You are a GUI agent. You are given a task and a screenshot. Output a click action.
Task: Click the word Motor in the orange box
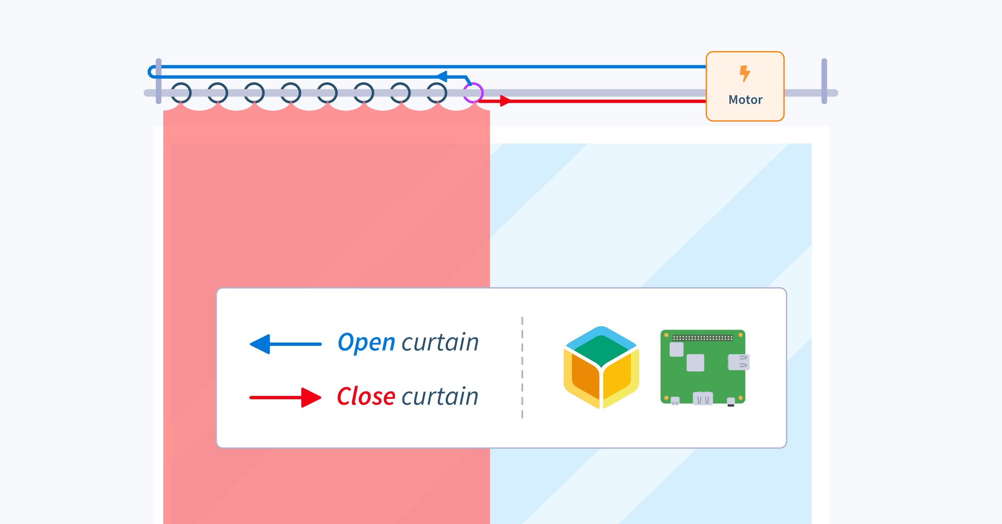click(x=745, y=100)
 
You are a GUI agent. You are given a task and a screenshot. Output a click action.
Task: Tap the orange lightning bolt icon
click(x=744, y=73)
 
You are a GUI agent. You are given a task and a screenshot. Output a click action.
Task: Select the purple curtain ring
click(x=473, y=93)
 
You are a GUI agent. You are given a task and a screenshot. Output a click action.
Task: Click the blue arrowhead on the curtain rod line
click(x=442, y=76)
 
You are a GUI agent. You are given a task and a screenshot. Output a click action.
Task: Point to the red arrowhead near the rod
click(x=505, y=101)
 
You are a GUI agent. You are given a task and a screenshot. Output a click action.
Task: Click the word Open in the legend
click(x=366, y=343)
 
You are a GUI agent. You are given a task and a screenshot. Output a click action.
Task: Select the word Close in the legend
click(x=366, y=396)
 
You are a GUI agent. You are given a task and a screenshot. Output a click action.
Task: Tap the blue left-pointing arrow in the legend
click(x=286, y=344)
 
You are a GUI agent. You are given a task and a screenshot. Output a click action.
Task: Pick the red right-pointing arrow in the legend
click(x=286, y=398)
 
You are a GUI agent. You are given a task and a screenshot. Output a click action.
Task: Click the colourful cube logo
click(x=601, y=367)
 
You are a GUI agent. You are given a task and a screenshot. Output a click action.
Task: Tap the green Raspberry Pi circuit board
click(x=703, y=367)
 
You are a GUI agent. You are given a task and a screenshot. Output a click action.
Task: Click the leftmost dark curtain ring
click(x=181, y=93)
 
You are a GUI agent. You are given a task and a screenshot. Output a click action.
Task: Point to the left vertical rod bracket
click(x=159, y=81)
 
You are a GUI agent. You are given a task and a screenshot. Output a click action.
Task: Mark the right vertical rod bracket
click(x=824, y=81)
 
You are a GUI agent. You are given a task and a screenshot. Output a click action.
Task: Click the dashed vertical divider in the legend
click(x=522, y=367)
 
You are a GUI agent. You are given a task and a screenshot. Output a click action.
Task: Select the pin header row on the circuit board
click(x=703, y=338)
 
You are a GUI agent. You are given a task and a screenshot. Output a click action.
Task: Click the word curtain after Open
click(x=440, y=343)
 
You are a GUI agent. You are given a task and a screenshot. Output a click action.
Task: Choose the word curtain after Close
click(x=440, y=396)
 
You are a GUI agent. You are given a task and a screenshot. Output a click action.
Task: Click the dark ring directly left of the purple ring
click(x=437, y=93)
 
